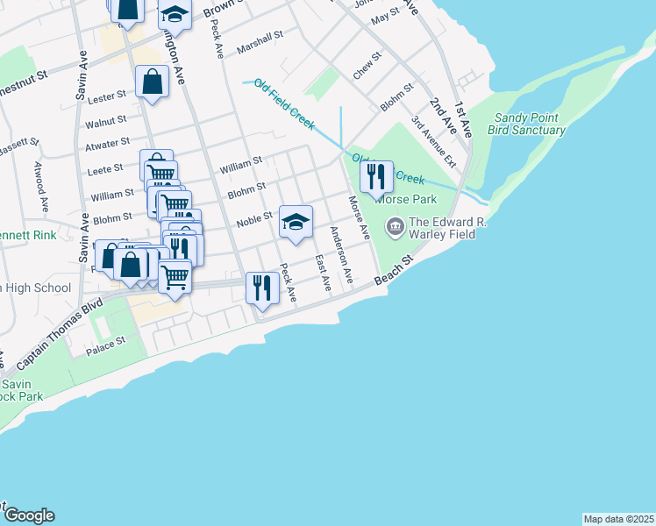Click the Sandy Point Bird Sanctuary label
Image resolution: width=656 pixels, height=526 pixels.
click(x=529, y=124)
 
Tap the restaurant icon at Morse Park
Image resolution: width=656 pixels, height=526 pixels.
click(x=376, y=177)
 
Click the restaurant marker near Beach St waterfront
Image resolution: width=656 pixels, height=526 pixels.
click(x=262, y=287)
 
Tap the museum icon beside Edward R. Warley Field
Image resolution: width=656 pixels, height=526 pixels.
click(x=395, y=227)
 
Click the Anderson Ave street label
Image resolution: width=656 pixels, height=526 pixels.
click(x=340, y=254)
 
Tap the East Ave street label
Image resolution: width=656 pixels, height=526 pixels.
click(x=322, y=274)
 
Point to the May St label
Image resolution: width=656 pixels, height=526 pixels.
click(x=384, y=16)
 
